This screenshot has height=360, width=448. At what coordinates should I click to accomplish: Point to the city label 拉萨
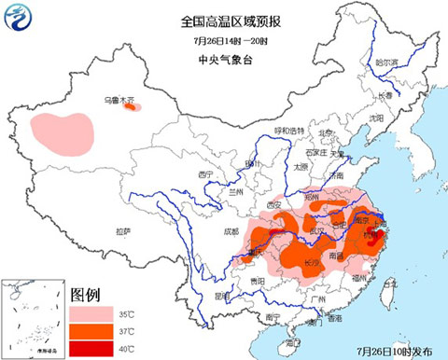[123, 230]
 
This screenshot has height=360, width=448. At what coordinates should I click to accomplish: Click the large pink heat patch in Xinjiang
[63, 132]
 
